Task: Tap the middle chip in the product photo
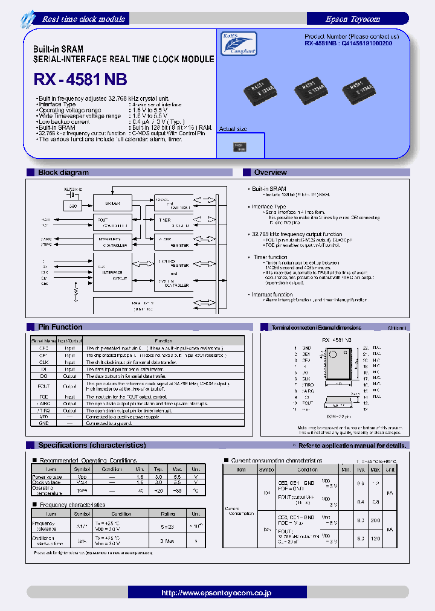(313, 89)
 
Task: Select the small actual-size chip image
(240, 146)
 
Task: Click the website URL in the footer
(216, 593)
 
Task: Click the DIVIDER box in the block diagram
(112, 203)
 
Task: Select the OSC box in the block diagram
(73, 206)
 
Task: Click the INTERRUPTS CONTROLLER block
(112, 242)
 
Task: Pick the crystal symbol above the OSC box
(73, 195)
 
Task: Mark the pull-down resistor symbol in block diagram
(76, 292)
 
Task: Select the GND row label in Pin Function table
(44, 424)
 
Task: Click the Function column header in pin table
(163, 341)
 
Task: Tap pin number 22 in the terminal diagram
(366, 348)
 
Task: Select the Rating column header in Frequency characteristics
(167, 514)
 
